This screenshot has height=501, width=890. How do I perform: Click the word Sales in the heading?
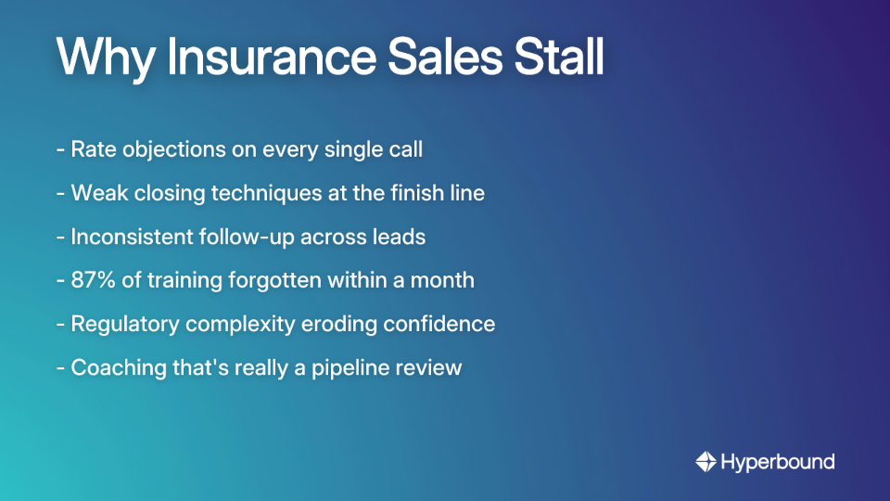(433, 58)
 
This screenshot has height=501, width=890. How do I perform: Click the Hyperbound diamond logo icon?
(706, 461)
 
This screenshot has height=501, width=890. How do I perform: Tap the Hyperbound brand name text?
(778, 461)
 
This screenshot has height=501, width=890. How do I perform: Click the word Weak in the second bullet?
(97, 193)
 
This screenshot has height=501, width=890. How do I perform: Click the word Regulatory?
(124, 324)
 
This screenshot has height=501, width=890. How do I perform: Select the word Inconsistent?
(132, 237)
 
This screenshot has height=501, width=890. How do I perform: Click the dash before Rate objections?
(60, 149)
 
